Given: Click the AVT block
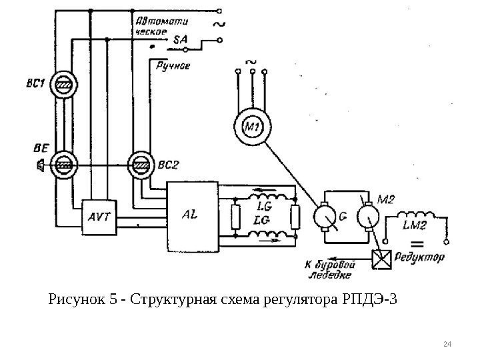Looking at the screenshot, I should (99, 216).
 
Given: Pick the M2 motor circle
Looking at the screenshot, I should (369, 216).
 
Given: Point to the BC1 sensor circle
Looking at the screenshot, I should (64, 85).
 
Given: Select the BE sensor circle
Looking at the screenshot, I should (64, 164).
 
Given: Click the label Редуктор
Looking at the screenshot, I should (421, 257).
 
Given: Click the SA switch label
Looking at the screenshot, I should (180, 39).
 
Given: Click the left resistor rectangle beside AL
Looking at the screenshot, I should (234, 216).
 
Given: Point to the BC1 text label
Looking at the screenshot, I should (35, 84).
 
